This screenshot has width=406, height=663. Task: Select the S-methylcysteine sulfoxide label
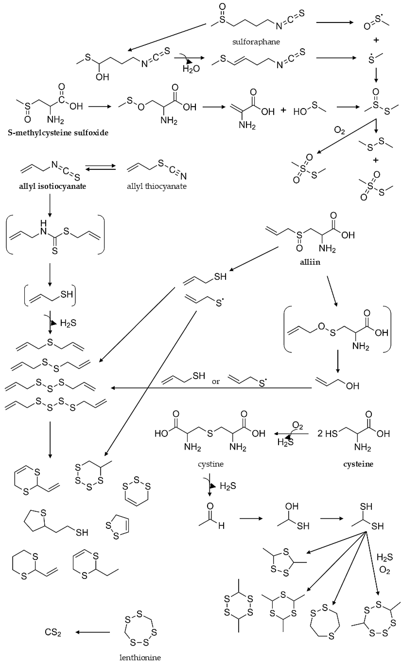[x=58, y=133]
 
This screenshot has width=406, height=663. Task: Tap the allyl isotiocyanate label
[x=52, y=186]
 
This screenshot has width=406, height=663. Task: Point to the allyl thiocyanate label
[x=157, y=186]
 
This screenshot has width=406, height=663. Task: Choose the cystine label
[x=211, y=464]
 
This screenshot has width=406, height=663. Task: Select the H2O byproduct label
[x=191, y=69]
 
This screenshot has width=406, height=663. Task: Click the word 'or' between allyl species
[x=216, y=382]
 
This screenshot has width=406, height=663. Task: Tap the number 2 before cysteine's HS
[x=320, y=433]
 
